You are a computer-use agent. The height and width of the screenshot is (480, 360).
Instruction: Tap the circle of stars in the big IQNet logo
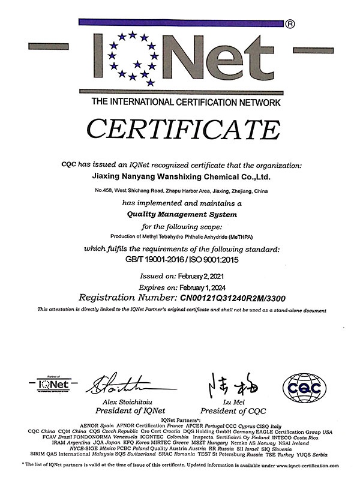point(130,58)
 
